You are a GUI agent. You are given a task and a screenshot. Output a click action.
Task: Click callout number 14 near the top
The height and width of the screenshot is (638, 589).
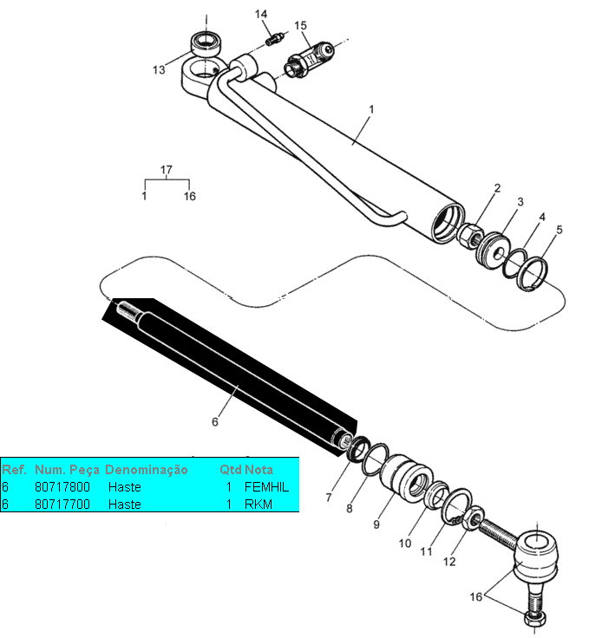click(261, 14)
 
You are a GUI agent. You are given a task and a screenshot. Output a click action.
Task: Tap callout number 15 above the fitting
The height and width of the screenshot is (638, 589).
click(300, 26)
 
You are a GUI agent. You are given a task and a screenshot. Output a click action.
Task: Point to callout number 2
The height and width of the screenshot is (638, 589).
click(497, 188)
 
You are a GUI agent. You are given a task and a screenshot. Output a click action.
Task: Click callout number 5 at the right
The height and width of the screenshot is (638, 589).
click(560, 230)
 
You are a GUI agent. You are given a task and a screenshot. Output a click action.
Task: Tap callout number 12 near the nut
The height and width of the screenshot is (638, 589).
click(449, 561)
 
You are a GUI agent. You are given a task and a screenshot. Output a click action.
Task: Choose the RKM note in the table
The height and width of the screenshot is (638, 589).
click(258, 504)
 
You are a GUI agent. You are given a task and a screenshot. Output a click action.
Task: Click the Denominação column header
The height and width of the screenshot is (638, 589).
click(146, 470)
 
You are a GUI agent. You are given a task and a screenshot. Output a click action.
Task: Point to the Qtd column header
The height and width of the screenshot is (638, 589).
click(230, 470)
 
